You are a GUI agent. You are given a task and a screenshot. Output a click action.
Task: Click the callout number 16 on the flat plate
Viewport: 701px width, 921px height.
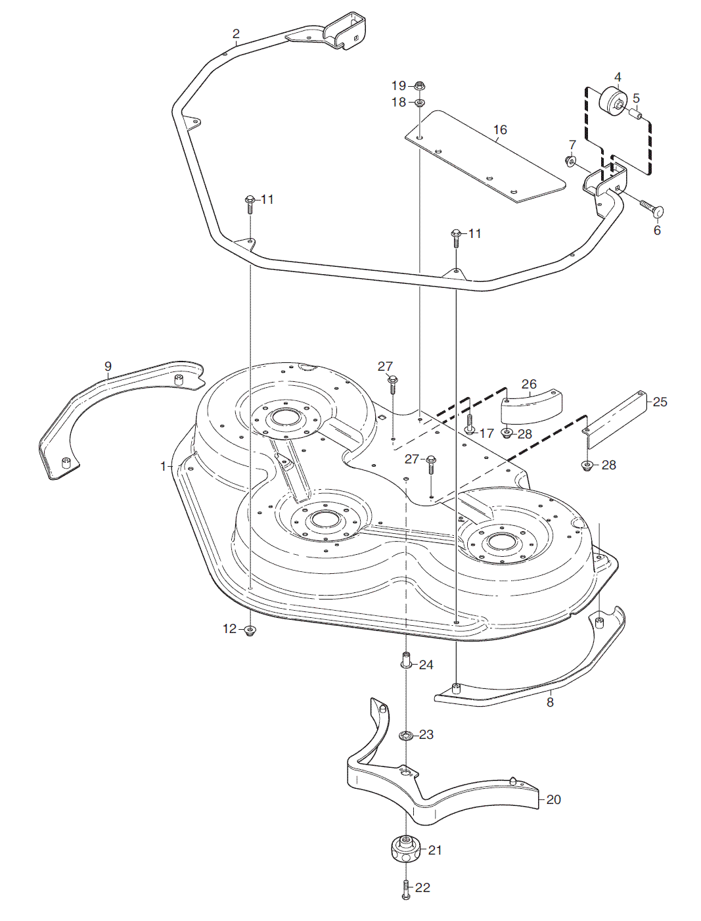pos(500,130)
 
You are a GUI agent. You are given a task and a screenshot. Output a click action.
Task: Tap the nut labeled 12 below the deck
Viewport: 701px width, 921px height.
pos(250,630)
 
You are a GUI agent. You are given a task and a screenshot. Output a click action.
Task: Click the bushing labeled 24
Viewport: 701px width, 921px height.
pos(405,660)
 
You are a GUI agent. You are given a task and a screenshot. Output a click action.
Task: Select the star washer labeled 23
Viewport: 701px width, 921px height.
pos(405,734)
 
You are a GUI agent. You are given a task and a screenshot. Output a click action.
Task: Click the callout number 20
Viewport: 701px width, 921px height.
pos(553,799)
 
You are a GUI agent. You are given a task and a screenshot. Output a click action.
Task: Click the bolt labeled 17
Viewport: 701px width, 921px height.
pos(470,424)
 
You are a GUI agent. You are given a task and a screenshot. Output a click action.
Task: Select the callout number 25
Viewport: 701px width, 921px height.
pos(660,402)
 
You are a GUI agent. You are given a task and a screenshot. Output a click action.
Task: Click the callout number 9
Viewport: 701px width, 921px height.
pos(108,366)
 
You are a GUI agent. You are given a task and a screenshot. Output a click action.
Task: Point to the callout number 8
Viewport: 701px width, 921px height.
pos(550,702)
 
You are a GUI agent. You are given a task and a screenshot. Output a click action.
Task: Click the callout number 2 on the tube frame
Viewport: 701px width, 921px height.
pos(236,34)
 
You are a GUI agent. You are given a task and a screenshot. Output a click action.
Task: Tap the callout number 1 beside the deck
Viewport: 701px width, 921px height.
pos(164,466)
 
